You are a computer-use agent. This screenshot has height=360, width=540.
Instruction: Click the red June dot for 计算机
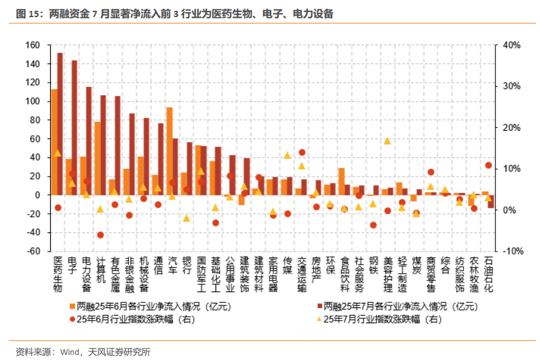click(x=100, y=235)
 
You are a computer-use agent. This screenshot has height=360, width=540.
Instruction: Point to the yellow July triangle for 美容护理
click(x=388, y=141)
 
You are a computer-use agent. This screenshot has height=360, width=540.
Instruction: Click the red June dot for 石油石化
click(x=489, y=165)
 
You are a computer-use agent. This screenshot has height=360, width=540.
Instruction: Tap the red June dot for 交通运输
click(x=302, y=152)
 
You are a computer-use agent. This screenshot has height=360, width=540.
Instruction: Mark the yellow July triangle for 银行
click(x=187, y=218)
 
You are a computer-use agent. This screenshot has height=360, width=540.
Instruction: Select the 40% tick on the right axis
click(x=511, y=46)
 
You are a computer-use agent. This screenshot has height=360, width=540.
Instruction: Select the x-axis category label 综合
click(x=445, y=265)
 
